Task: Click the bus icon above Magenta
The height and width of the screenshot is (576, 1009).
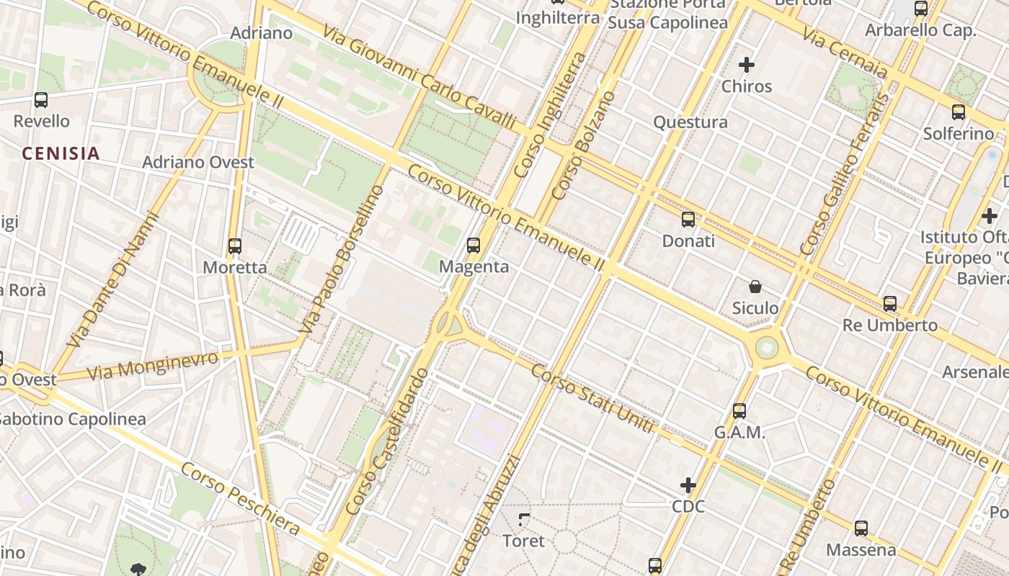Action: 474,246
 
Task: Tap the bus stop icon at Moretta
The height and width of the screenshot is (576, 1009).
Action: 234,246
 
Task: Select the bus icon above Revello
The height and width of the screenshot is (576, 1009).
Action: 41,100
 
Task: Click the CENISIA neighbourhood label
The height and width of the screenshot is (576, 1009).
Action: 61,153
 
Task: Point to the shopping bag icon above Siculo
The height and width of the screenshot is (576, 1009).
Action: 755,287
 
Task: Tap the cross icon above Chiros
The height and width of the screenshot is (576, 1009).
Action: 747,66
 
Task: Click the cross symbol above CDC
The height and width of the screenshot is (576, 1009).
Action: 688,486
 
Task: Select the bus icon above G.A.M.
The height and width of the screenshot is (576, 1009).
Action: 739,411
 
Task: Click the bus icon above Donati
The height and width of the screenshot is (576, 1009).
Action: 688,220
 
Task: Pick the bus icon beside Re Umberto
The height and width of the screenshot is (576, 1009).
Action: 890,304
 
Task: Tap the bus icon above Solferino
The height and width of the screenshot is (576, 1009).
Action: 959,112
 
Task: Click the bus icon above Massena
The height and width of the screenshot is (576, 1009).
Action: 861,528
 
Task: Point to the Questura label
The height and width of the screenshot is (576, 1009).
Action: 690,122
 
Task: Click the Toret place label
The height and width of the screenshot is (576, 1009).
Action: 523,541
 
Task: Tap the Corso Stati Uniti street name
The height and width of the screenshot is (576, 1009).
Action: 592,399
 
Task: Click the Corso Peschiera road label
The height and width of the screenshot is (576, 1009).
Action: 240,499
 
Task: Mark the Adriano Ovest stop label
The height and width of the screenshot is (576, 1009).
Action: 198,162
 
